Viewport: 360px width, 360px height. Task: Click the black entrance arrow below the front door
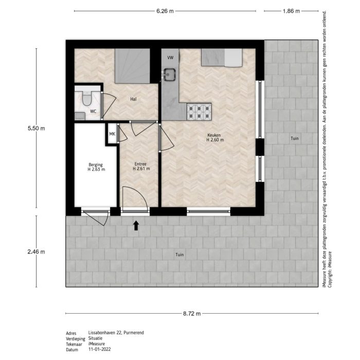tap(136, 225)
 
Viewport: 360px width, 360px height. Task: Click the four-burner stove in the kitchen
tap(199, 110)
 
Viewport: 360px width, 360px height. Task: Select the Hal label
tap(133, 99)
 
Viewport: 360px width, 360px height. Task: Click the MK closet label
tap(112, 134)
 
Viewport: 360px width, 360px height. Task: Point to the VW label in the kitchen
tap(170, 58)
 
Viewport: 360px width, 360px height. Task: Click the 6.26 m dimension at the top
tap(164, 10)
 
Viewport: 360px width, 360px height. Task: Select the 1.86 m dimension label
tap(292, 10)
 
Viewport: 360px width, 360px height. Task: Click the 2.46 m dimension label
tap(36, 251)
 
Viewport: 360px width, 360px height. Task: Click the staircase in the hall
tap(132, 65)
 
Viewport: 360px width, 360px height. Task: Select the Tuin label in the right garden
tap(294, 138)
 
